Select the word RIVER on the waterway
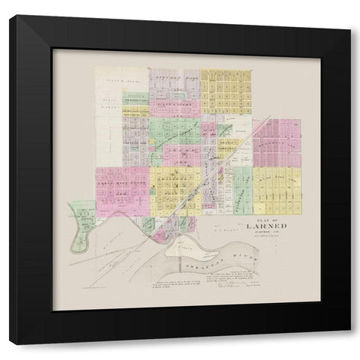tap(247, 259)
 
